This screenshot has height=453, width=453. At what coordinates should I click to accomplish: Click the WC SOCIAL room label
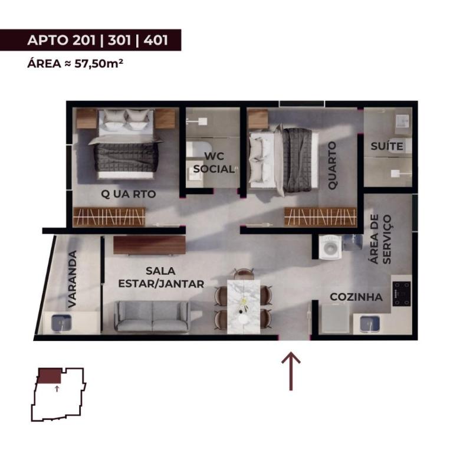(x=214, y=163)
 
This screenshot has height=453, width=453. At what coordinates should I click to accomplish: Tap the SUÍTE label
(x=387, y=146)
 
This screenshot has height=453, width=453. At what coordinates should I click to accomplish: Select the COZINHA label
(x=356, y=297)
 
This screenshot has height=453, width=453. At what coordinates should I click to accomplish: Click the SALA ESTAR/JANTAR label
(x=161, y=278)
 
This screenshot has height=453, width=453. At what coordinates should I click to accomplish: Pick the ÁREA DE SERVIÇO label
(x=381, y=239)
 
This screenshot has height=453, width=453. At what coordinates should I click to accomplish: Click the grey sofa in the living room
(x=152, y=317)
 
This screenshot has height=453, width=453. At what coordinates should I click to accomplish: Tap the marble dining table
(x=244, y=307)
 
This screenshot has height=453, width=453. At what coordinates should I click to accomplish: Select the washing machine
(x=330, y=247)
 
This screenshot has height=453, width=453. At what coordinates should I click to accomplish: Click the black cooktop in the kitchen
(x=402, y=294)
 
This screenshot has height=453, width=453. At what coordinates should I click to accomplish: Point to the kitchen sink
(x=370, y=324)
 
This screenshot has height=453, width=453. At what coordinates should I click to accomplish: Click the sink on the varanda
(x=61, y=323)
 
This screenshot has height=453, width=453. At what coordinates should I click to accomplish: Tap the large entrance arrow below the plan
(x=291, y=371)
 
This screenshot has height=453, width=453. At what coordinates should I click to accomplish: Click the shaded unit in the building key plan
(x=50, y=376)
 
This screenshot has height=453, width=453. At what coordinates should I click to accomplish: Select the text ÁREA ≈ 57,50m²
(x=75, y=64)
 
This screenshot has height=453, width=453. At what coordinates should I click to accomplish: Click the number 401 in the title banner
(x=156, y=40)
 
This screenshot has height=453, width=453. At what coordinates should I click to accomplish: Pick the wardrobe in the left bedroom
(x=109, y=217)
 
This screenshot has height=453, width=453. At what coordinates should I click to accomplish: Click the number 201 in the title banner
(x=84, y=40)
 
